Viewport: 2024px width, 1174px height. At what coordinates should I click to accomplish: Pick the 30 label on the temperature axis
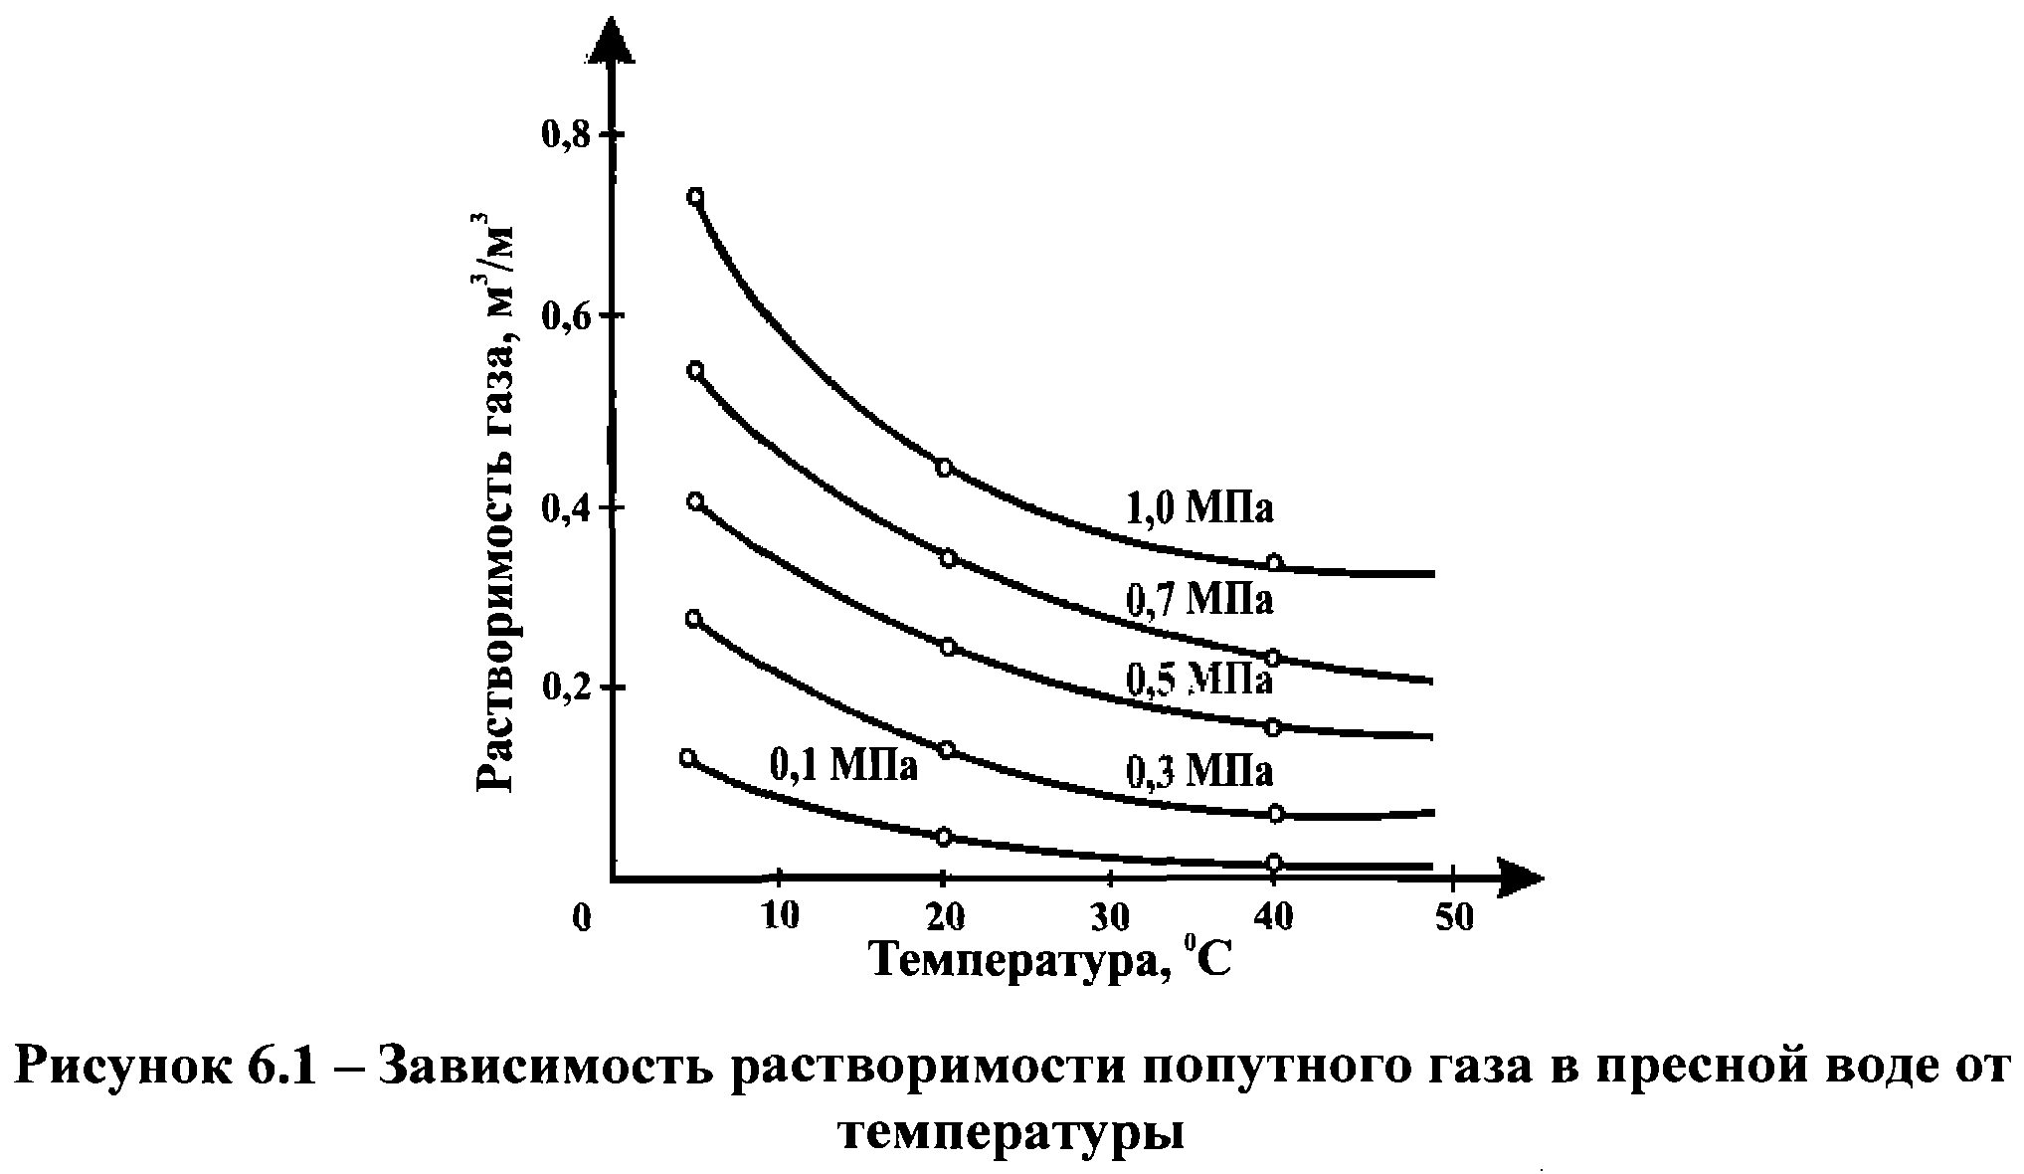point(1111,915)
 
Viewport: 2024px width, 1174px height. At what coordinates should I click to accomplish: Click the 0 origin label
point(583,918)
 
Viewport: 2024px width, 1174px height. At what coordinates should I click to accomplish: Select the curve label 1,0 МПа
point(1199,508)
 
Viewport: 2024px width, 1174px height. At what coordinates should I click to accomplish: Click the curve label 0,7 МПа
point(1199,599)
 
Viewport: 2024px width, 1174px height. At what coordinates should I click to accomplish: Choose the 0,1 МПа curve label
point(843,765)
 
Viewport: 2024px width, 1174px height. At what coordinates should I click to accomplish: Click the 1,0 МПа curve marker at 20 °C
point(944,468)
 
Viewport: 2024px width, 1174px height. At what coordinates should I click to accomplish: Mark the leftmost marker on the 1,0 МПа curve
point(695,196)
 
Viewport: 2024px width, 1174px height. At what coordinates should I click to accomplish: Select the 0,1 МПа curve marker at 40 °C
point(1274,862)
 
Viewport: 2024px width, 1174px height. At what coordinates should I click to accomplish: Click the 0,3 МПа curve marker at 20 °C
point(947,749)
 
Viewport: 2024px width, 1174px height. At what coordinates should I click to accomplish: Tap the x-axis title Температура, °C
point(1051,961)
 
